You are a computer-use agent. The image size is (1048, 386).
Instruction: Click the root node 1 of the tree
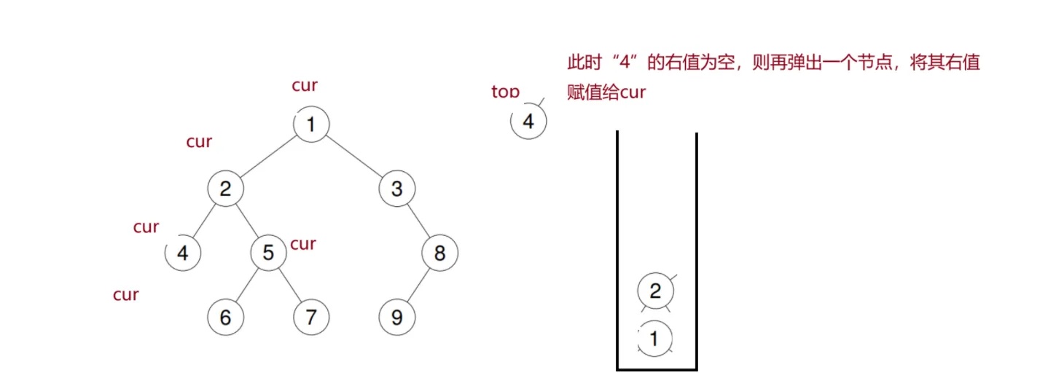[311, 125]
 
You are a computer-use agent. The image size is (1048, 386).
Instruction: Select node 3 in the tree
[397, 189]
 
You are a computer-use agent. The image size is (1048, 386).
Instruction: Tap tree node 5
[268, 253]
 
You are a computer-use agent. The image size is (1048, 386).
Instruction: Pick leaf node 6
[225, 318]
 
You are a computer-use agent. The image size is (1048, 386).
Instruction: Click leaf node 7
[311, 318]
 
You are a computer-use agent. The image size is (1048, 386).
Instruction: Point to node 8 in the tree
[439, 253]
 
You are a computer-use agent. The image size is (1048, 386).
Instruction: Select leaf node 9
[397, 318]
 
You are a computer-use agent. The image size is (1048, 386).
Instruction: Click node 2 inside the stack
[654, 291]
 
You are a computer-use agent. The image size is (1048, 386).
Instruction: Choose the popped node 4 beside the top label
[528, 122]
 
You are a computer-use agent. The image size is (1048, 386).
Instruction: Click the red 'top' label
[505, 92]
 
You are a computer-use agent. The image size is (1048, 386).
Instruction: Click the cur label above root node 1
[305, 85]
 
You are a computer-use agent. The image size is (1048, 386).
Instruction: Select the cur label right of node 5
[303, 244]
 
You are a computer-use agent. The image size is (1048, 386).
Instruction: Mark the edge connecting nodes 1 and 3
[354, 157]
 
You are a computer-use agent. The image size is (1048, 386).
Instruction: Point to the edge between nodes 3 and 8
[418, 221]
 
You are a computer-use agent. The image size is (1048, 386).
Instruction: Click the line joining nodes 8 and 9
[418, 285]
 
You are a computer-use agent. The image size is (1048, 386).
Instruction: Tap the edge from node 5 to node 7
[289, 285]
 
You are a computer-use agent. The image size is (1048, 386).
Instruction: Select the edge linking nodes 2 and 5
[247, 221]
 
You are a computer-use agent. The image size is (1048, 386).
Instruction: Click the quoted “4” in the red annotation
[627, 63]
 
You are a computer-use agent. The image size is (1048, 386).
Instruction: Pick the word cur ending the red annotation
[633, 93]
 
